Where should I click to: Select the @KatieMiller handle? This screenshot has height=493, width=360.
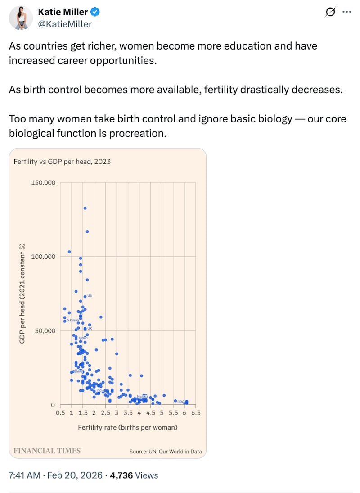[65, 24]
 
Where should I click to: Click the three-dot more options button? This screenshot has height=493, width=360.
[346, 13]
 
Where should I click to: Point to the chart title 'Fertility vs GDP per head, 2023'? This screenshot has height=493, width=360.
[62, 161]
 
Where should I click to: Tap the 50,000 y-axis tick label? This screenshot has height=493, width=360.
[44, 330]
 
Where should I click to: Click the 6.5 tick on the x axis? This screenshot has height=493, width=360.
[195, 413]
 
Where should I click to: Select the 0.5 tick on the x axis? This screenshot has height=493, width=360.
[60, 413]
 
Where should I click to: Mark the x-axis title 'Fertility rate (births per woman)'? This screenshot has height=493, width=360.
[128, 427]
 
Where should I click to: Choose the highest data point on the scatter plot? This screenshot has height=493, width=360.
[85, 208]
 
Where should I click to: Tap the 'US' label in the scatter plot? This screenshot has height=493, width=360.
[90, 295]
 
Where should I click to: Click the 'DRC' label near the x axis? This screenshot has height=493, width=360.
[181, 402]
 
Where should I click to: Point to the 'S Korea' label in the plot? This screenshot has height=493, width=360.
[72, 320]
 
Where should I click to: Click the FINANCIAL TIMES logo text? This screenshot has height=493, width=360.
[47, 451]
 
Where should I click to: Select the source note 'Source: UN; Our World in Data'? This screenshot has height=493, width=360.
[166, 451]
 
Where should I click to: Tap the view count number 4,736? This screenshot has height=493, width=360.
[121, 475]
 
